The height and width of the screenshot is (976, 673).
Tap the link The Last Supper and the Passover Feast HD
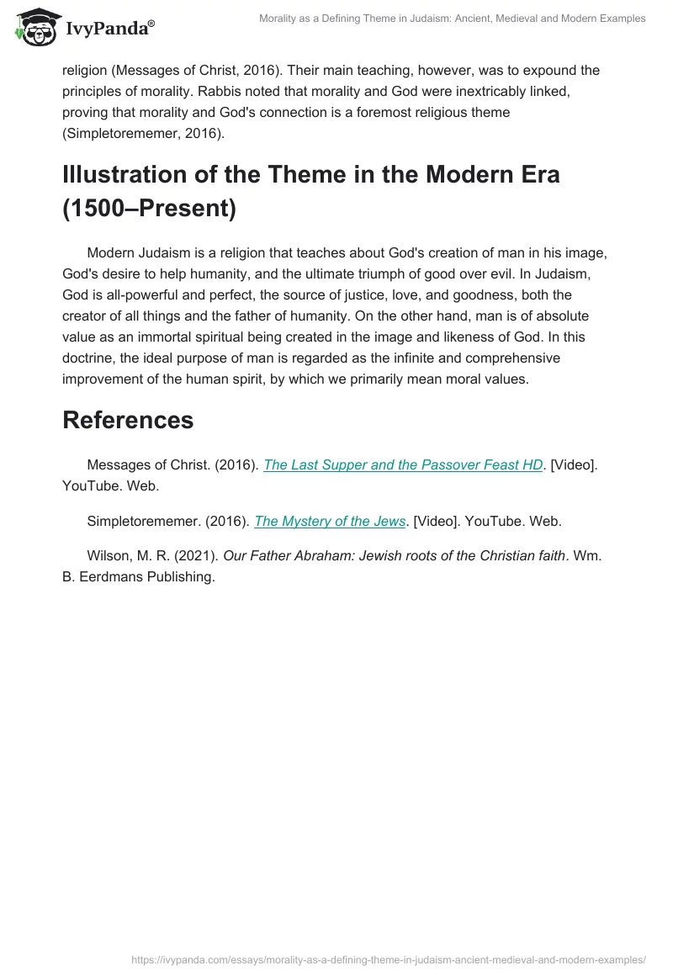pos(402,465)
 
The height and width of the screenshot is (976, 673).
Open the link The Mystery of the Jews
pos(330,521)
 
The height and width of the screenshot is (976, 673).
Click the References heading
pos(128,420)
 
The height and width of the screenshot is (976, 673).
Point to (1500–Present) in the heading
pos(149,209)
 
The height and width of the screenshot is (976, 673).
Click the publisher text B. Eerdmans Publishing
pos(139,577)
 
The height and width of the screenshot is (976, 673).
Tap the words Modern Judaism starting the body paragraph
pos(140,253)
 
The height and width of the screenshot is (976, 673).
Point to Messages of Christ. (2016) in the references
pos(172,465)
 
